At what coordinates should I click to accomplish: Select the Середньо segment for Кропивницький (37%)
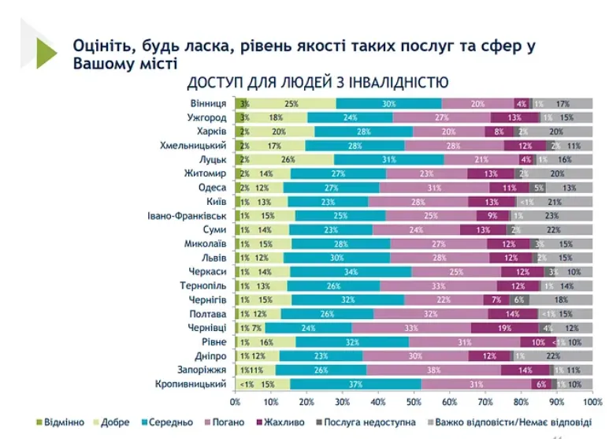(355, 384)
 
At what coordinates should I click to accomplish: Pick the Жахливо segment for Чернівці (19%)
(504, 328)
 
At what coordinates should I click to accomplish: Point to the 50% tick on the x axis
(414, 401)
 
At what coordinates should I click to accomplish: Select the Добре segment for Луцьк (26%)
(289, 159)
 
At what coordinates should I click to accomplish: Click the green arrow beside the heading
(46, 53)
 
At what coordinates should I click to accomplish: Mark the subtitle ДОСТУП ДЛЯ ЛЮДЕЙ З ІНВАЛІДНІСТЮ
(317, 82)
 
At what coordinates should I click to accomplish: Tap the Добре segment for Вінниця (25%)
(292, 103)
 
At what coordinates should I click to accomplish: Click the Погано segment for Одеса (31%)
(433, 188)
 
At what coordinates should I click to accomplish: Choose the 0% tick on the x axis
(237, 401)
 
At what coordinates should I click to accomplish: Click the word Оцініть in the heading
(99, 46)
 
